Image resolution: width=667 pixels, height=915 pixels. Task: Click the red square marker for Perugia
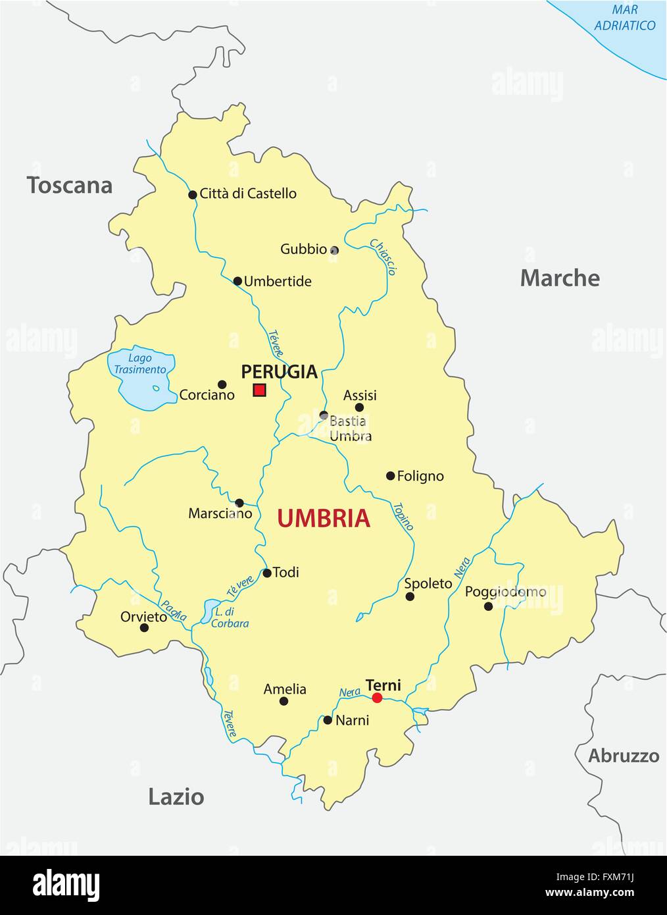[x=259, y=390]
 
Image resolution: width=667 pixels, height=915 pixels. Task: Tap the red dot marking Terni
[x=377, y=698]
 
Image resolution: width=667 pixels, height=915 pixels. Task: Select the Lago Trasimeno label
[x=140, y=364]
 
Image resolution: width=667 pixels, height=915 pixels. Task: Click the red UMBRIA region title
[x=324, y=519]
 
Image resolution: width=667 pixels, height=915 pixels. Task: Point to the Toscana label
[x=70, y=186]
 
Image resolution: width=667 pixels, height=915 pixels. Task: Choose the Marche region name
[x=560, y=278]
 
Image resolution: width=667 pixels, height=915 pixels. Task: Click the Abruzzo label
[x=624, y=756]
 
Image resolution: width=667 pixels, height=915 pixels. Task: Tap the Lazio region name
[x=176, y=797]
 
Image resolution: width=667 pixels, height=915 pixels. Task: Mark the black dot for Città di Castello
[x=193, y=195]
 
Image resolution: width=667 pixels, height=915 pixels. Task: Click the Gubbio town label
[x=303, y=249]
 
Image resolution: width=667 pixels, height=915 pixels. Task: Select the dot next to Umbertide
[x=237, y=281]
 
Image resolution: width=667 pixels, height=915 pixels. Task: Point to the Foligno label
[x=421, y=476]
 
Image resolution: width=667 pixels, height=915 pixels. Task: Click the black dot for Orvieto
[x=145, y=627]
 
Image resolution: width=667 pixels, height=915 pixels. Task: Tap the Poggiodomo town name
[x=505, y=592]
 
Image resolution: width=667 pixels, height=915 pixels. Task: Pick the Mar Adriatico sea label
[x=624, y=18]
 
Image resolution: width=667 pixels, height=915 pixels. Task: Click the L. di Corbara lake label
[x=230, y=617]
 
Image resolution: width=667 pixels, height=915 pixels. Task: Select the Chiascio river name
[x=383, y=257]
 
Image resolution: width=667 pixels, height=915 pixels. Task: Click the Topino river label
[x=403, y=517]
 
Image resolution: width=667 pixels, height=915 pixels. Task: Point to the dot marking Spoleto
[x=410, y=596]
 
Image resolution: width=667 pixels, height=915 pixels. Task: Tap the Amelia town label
[x=285, y=689]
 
